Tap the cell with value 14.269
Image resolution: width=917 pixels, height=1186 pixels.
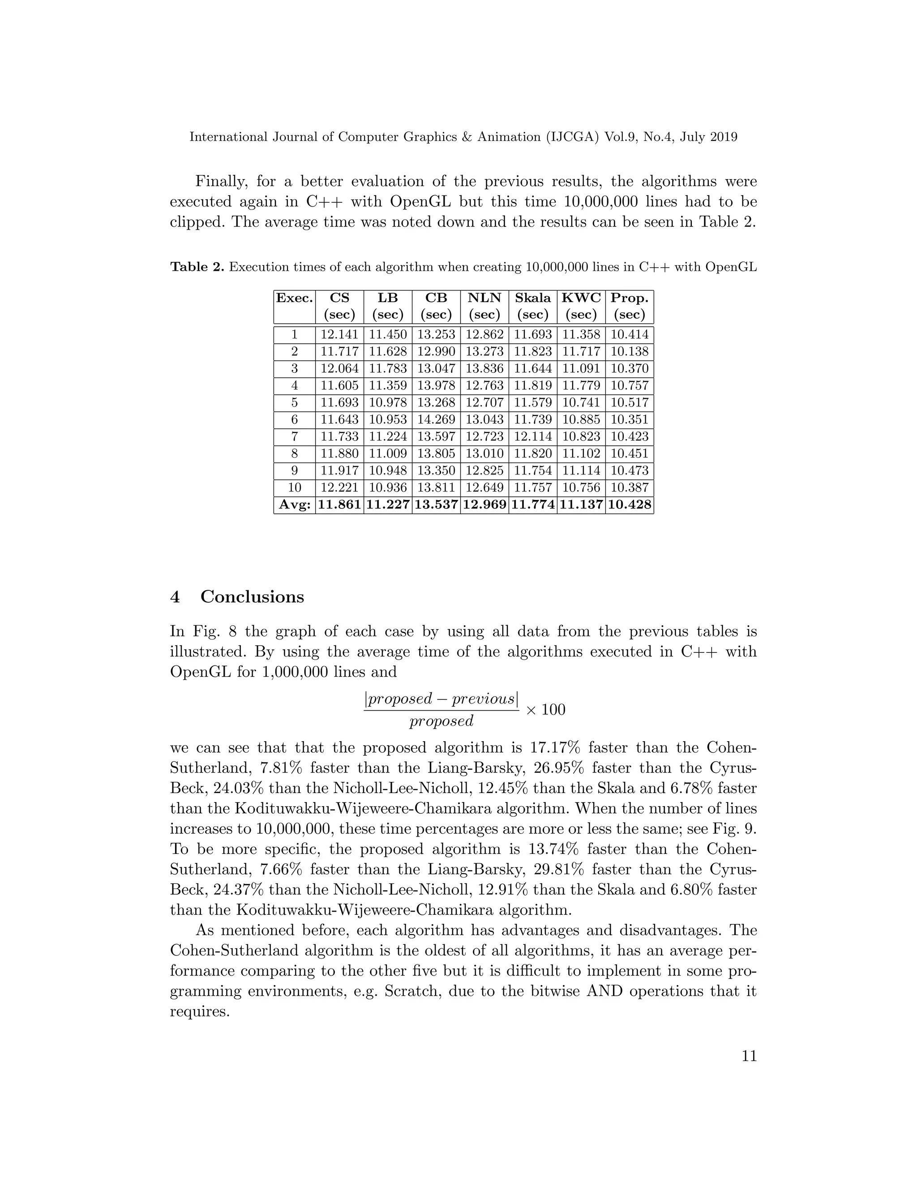point(436,420)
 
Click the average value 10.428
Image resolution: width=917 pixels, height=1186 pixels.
point(629,505)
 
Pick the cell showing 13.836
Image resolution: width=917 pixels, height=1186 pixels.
point(484,369)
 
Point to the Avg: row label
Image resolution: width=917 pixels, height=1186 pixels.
point(295,505)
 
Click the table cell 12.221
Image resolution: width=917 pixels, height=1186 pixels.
point(339,488)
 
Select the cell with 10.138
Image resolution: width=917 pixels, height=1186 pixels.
point(629,351)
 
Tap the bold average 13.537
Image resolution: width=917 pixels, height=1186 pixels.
point(436,505)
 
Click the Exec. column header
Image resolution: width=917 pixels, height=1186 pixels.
point(295,298)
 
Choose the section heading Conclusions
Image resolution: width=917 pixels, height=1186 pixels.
point(252,597)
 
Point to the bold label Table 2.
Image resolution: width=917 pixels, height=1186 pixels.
point(197,267)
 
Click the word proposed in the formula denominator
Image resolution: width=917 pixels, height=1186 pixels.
point(441,721)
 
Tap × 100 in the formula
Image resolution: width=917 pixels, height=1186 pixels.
point(545,710)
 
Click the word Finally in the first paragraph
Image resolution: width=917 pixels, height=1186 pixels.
point(219,181)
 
